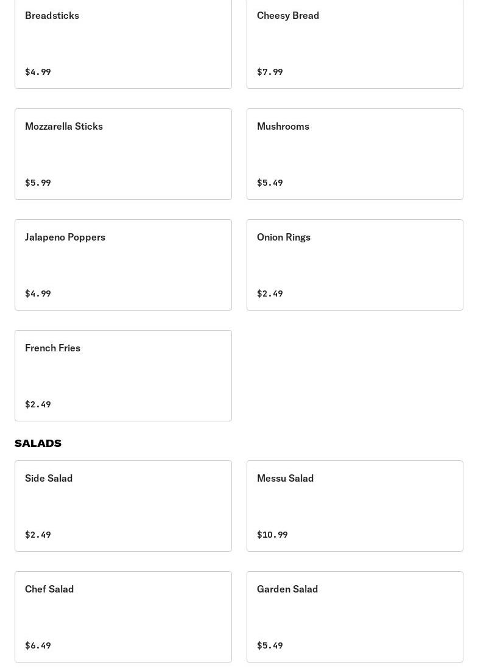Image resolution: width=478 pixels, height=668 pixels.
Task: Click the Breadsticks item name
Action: pyautogui.click(x=52, y=15)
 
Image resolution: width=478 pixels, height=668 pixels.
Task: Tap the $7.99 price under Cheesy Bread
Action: pyautogui.click(x=270, y=72)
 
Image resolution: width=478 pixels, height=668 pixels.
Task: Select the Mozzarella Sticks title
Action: pyautogui.click(x=64, y=126)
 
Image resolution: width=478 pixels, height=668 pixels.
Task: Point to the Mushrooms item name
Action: pyautogui.click(x=283, y=126)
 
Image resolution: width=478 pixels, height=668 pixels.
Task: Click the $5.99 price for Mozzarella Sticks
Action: pyautogui.click(x=38, y=183)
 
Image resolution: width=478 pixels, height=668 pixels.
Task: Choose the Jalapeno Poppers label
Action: pyautogui.click(x=65, y=237)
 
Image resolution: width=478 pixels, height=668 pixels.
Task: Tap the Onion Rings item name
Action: pyautogui.click(x=284, y=237)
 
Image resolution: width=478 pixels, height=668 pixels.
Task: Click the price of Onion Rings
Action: pyautogui.click(x=270, y=294)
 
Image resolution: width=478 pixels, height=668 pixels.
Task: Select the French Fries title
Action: pyautogui.click(x=52, y=348)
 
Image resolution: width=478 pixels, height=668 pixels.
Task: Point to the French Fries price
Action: pyautogui.click(x=38, y=404)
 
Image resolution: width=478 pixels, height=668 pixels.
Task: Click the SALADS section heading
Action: pyautogui.click(x=38, y=443)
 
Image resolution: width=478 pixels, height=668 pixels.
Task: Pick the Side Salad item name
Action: pyautogui.click(x=49, y=478)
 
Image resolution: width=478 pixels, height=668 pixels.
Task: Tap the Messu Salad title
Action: pyautogui.click(x=285, y=478)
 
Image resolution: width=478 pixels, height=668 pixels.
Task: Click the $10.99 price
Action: pyautogui.click(x=272, y=535)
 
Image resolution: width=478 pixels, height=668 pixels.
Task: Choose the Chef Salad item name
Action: pyautogui.click(x=49, y=589)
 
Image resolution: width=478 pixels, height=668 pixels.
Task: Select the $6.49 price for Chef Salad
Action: pyautogui.click(x=38, y=645)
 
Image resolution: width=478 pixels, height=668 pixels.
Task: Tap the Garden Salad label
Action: pyautogui.click(x=287, y=589)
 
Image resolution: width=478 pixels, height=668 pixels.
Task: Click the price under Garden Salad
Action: pyautogui.click(x=270, y=645)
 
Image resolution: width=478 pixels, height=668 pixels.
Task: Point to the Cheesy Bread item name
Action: pyautogui.click(x=288, y=15)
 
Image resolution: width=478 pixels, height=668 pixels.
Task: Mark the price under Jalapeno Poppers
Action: pyautogui.click(x=38, y=294)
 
